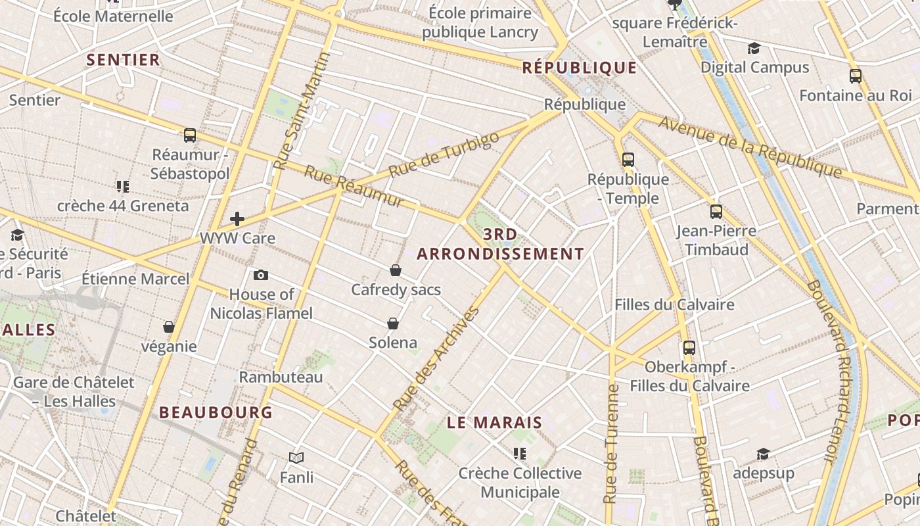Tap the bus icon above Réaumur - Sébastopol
tap(190, 135)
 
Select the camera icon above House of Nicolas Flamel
tap(261, 275)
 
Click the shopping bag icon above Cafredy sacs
tap(396, 270)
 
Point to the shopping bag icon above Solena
tap(393, 323)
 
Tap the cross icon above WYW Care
tap(237, 219)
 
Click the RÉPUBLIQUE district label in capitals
tap(580, 68)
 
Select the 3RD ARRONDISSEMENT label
tap(500, 244)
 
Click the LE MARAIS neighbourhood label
tap(494, 423)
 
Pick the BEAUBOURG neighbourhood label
tap(216, 412)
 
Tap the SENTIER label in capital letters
tap(124, 60)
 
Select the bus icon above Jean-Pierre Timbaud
tap(716, 212)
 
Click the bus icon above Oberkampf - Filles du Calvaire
tap(689, 348)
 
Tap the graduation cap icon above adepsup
tap(763, 454)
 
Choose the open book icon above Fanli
tap(296, 458)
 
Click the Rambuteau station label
tap(281, 377)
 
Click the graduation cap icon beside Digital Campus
tap(754, 48)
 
